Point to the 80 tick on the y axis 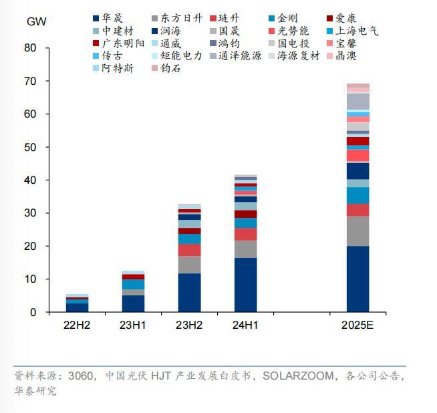point(30,48)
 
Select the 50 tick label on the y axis point(30,147)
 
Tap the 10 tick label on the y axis point(30,279)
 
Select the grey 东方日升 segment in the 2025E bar point(357,231)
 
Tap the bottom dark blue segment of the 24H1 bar point(245,285)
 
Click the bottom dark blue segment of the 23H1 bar point(133,303)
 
